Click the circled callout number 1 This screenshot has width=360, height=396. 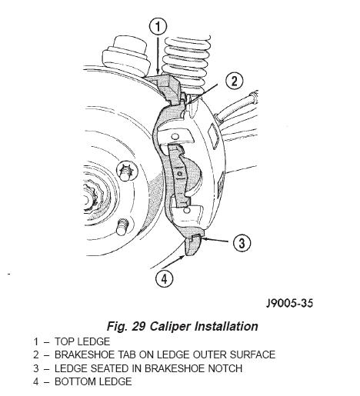(158, 26)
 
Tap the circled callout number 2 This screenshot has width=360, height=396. (234, 81)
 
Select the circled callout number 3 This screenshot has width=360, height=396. (242, 242)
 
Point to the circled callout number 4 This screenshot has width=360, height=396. (164, 278)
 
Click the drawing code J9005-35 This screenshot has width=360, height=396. (289, 304)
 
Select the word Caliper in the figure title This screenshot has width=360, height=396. (170, 326)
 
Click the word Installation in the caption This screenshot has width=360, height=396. (226, 326)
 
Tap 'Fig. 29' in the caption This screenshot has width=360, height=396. (126, 326)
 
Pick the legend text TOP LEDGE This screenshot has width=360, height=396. (82, 341)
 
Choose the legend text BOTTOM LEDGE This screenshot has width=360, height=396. (93, 381)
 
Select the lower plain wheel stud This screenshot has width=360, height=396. (122, 226)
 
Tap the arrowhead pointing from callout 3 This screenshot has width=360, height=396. (204, 239)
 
